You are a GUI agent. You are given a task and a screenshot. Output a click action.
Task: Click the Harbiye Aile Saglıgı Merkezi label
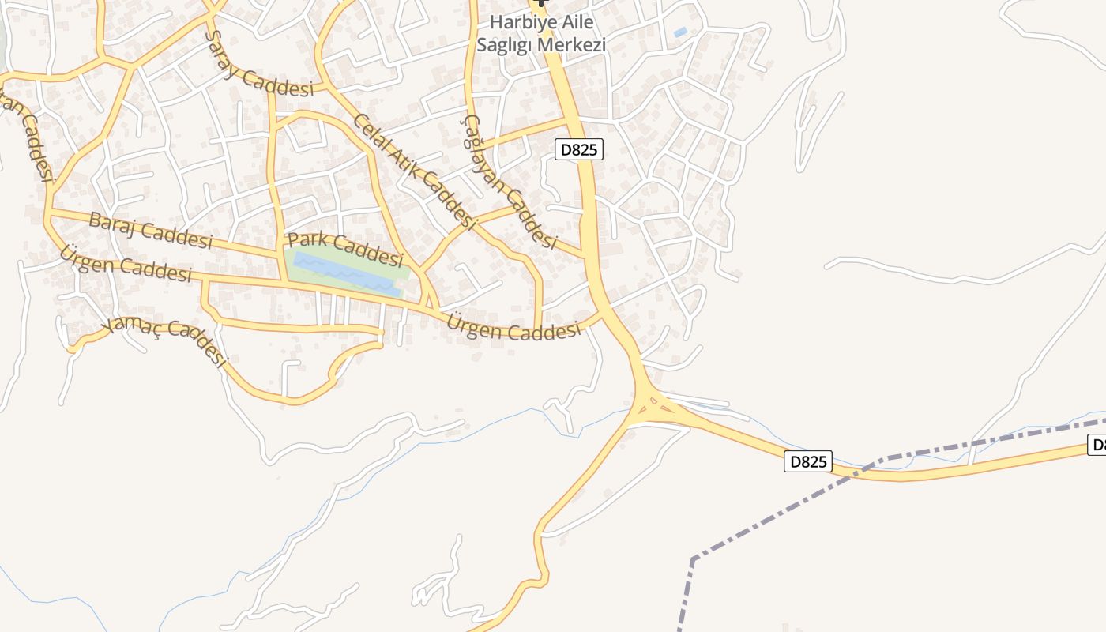(x=541, y=33)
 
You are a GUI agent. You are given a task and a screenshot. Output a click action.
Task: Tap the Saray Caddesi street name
(x=258, y=66)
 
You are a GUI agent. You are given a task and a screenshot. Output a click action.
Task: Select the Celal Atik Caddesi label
(x=415, y=172)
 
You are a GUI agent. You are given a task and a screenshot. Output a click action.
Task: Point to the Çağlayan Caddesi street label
(x=510, y=182)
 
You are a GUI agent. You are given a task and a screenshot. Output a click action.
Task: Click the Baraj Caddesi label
(x=150, y=230)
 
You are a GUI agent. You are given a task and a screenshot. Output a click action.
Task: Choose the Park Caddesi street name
(x=345, y=248)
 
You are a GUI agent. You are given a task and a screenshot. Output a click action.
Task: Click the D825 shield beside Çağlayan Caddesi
(x=578, y=149)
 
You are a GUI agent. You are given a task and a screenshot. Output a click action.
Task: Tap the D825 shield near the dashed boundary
(x=808, y=461)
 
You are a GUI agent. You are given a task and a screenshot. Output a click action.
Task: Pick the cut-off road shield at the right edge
(x=1097, y=445)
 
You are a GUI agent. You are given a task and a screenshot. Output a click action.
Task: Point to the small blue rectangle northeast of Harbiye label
(x=680, y=32)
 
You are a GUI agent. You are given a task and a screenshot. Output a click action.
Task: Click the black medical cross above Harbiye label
(x=541, y=4)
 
